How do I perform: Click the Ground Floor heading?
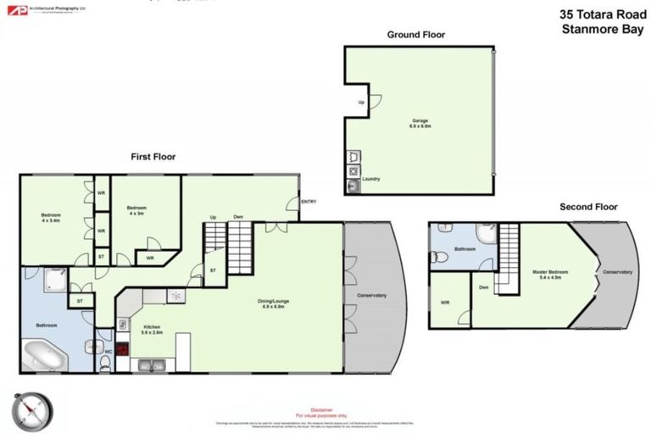[415, 35]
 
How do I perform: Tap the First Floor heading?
[153, 157]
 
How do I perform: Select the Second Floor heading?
[588, 207]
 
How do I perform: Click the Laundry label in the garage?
[370, 179]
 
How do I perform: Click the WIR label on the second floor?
[445, 302]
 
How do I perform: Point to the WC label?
[108, 351]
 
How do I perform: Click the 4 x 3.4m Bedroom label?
[52, 218]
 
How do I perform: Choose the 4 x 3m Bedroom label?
[137, 210]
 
